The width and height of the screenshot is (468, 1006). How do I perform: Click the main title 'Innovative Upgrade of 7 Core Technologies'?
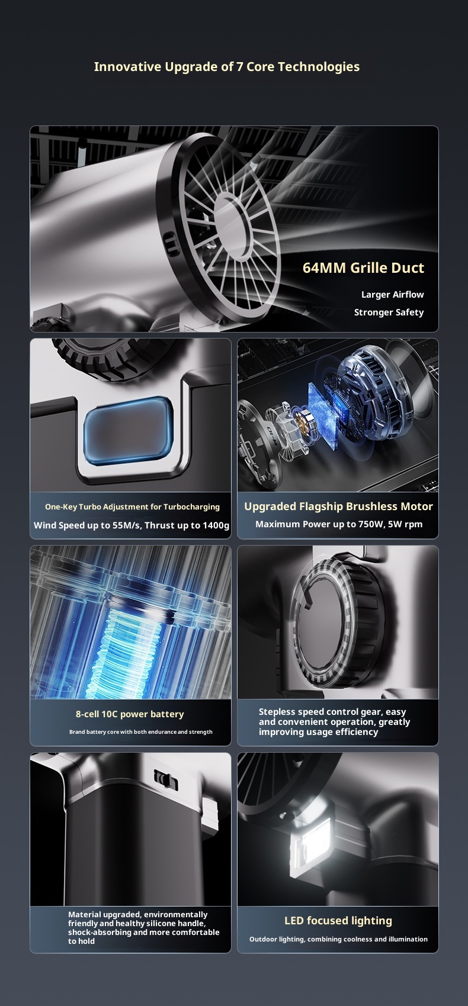click(226, 67)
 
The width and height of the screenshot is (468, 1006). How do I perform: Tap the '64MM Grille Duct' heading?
click(363, 267)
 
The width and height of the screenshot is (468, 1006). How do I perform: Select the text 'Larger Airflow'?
click(393, 295)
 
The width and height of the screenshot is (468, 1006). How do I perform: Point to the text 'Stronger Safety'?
click(389, 312)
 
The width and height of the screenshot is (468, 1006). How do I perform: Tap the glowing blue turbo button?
click(129, 431)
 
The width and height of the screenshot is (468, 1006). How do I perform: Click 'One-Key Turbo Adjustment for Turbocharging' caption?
click(132, 507)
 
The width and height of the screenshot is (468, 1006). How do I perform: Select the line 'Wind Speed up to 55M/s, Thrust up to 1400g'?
click(132, 525)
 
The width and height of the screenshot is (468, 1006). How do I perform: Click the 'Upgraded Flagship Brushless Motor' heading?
click(338, 507)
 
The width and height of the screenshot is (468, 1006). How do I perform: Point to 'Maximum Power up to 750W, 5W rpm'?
click(339, 524)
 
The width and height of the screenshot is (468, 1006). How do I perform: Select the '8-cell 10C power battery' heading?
click(130, 714)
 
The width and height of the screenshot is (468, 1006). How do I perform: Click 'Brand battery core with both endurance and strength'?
click(141, 731)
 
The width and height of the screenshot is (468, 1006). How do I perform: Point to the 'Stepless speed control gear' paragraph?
click(335, 722)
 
